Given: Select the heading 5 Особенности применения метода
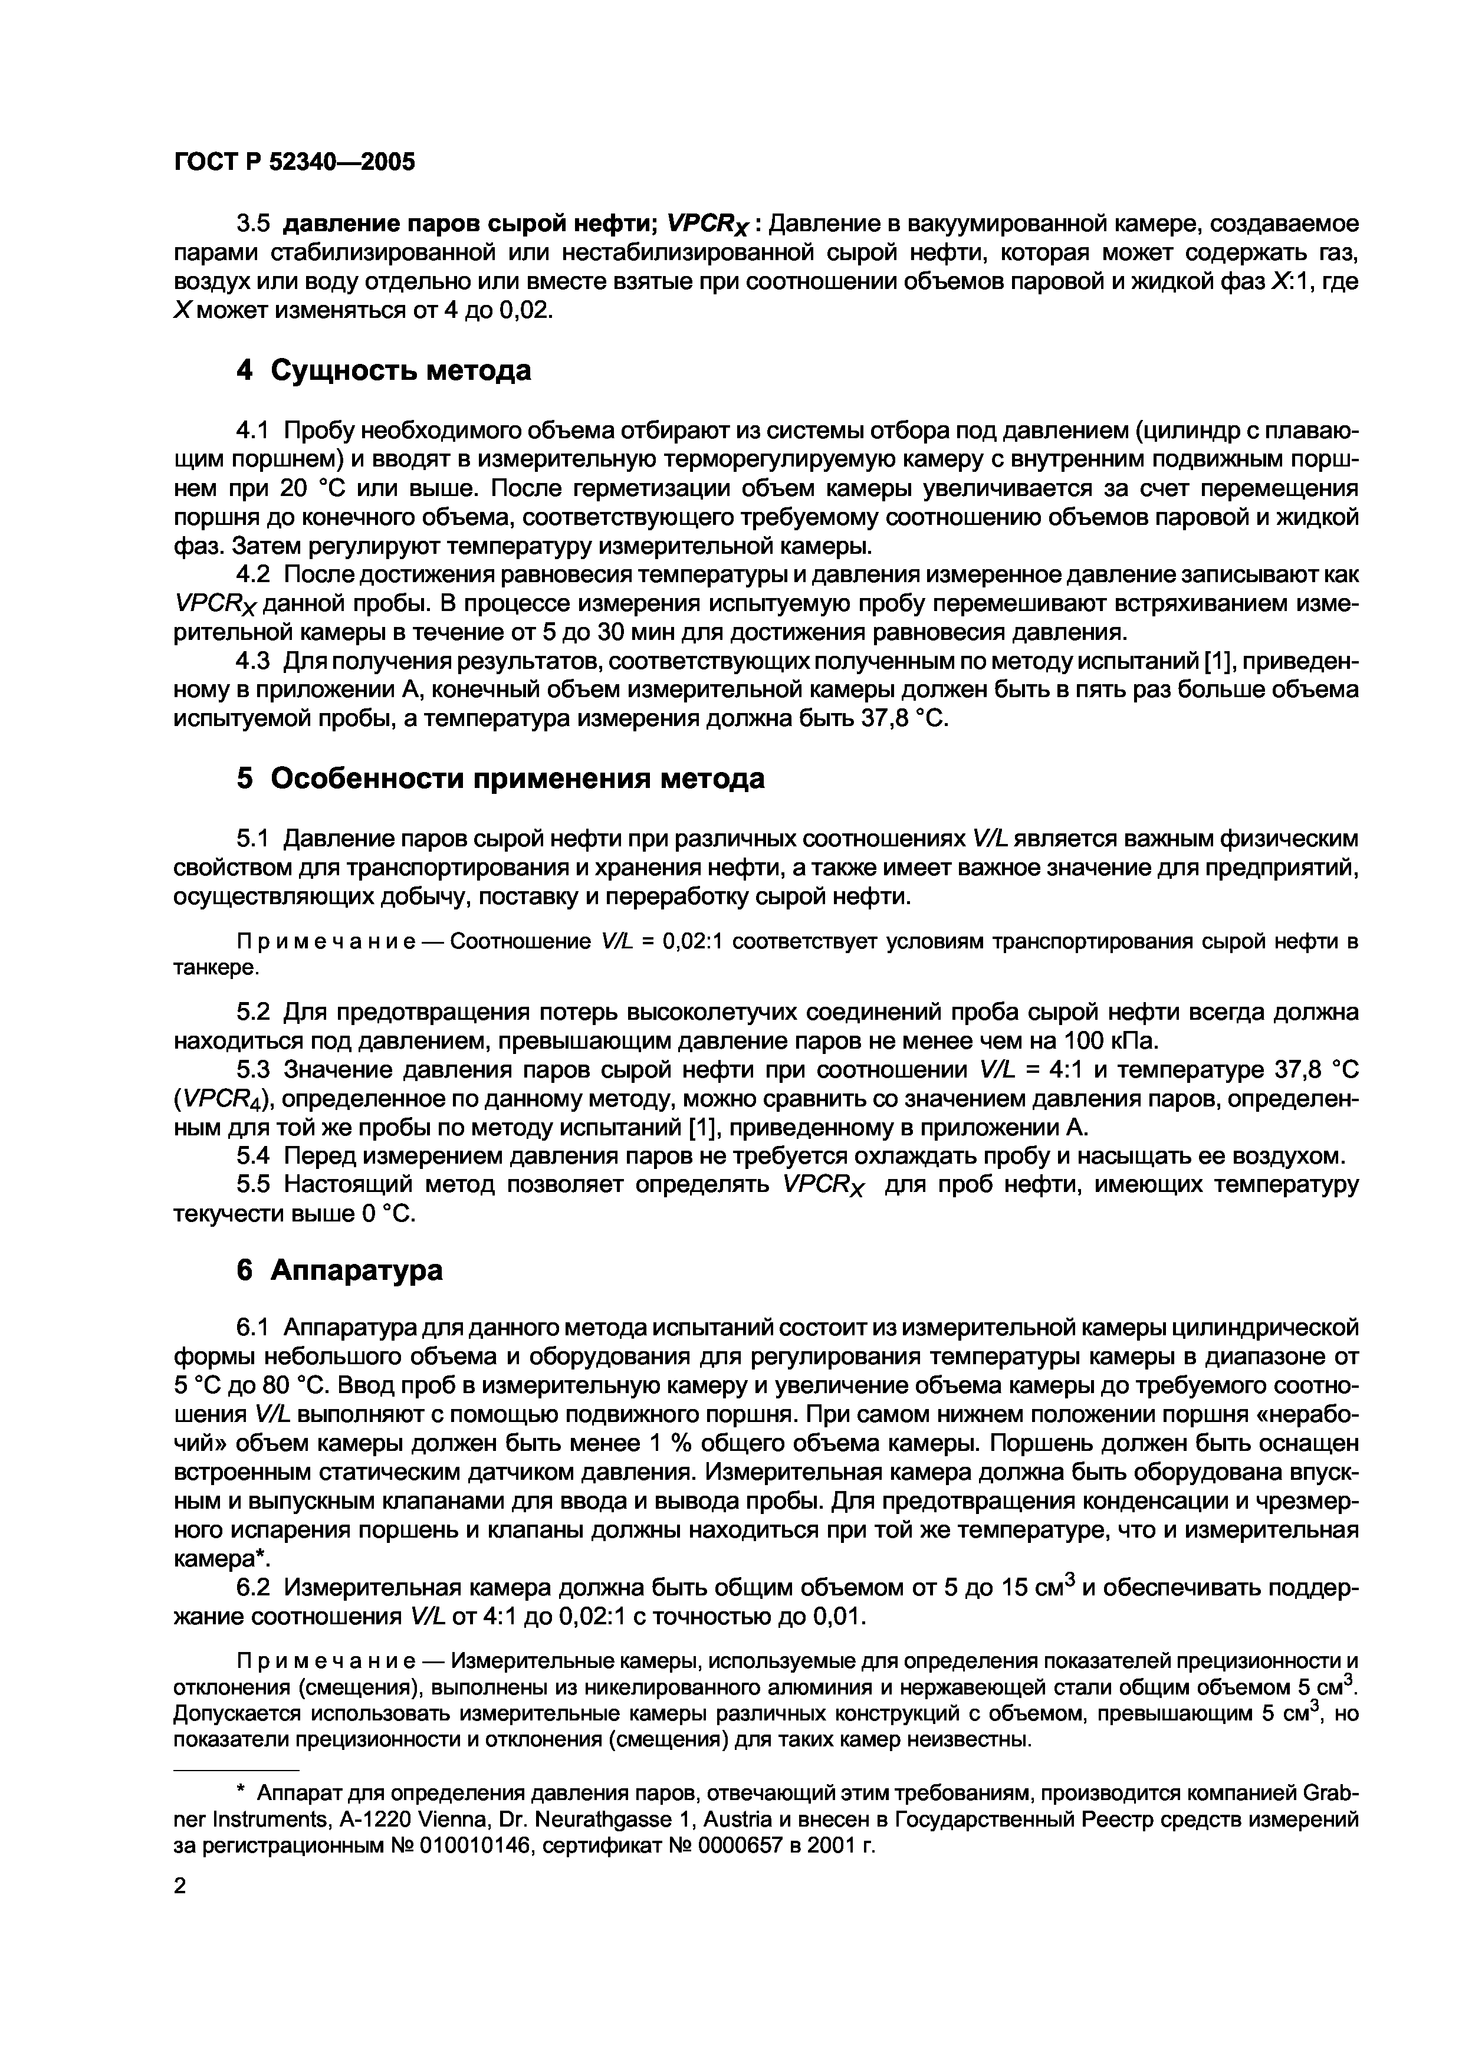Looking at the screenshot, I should coord(500,779).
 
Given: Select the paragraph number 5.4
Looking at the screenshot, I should coord(254,1155).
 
